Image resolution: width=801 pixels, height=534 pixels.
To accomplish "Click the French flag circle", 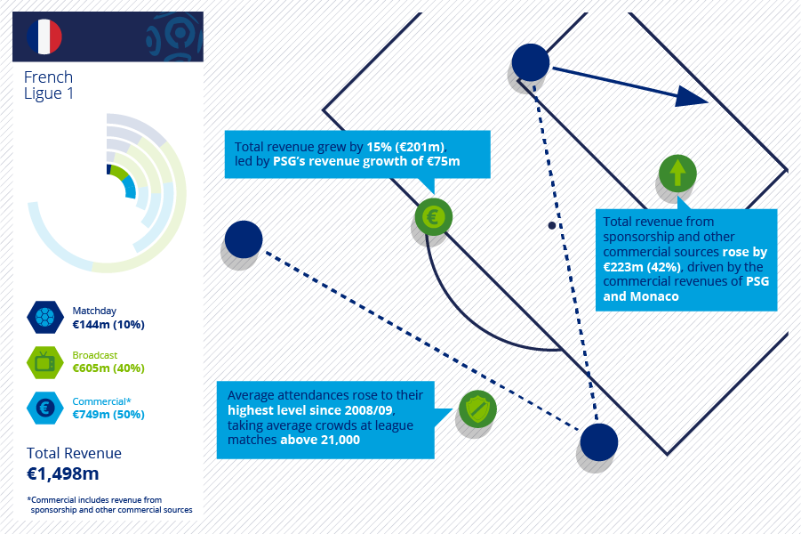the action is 44,36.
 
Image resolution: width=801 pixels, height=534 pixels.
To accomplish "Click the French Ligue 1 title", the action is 49,85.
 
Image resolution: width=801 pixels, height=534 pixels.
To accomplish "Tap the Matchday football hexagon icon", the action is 45,317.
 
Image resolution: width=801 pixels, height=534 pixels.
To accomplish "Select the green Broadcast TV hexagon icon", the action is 45,362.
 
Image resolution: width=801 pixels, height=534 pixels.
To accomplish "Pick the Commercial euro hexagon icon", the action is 45,409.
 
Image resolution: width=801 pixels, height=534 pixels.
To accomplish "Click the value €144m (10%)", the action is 108,324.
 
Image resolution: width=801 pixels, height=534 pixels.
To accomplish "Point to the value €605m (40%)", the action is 108,368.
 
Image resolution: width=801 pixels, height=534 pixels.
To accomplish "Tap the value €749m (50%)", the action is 108,415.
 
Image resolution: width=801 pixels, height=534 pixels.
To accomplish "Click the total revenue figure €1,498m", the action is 63,473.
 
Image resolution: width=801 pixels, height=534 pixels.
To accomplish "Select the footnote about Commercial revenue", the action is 110,505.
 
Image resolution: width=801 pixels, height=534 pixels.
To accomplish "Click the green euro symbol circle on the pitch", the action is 433,217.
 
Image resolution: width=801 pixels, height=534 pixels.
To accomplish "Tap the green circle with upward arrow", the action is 677,174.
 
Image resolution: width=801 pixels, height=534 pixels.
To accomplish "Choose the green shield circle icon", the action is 477,409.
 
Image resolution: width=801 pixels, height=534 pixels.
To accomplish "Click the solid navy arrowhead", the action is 691,97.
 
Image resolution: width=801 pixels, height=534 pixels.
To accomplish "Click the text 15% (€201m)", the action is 406,147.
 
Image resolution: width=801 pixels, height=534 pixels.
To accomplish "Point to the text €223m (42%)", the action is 642,267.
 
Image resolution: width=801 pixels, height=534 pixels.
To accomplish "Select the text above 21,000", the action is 320,440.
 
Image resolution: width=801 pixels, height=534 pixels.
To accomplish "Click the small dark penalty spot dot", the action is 552,225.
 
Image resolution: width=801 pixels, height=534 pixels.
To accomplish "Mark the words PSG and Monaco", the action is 686,289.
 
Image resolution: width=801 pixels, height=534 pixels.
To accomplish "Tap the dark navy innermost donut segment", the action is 108,169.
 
